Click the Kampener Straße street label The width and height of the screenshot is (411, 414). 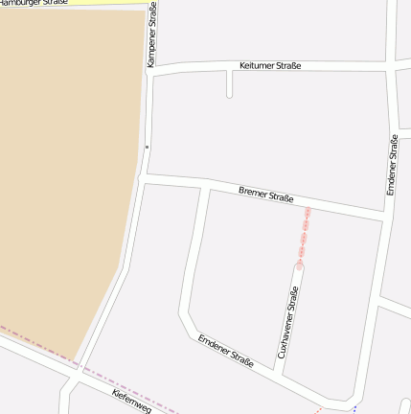(152, 34)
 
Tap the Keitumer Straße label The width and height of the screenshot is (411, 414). (270, 65)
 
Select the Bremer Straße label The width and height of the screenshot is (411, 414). (265, 195)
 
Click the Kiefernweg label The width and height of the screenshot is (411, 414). (131, 402)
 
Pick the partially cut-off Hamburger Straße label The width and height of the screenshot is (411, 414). (34, 3)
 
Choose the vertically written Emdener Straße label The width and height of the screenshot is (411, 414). (392, 165)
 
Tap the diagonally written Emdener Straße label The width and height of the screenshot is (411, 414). (226, 352)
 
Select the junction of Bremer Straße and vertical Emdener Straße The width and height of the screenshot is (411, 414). (385, 217)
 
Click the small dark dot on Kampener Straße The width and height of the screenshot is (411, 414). (147, 147)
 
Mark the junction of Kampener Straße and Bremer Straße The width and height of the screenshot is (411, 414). (145, 178)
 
